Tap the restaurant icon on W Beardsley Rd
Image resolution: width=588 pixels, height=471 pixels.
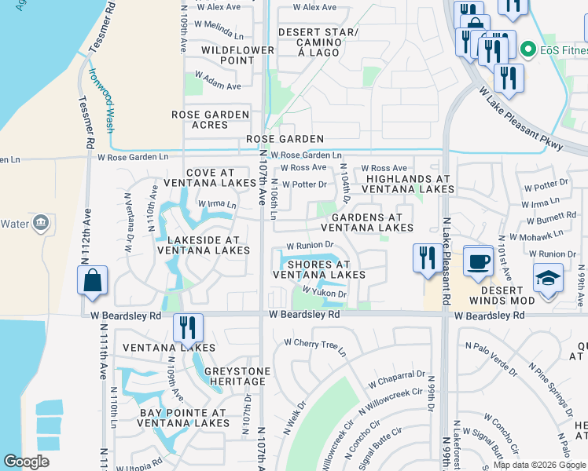point(188,327)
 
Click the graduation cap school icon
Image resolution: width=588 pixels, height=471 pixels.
point(548,277)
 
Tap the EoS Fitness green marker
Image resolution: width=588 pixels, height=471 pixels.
point(527,50)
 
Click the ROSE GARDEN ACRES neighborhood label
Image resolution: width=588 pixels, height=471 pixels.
point(210,120)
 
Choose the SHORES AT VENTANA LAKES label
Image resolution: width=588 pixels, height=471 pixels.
point(318,269)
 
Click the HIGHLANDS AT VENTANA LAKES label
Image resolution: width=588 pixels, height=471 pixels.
point(408,184)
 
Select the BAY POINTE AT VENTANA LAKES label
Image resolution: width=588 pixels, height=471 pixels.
point(182,418)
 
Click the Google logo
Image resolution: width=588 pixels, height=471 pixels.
point(27,462)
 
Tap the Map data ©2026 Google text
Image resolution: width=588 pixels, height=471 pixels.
point(538,465)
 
